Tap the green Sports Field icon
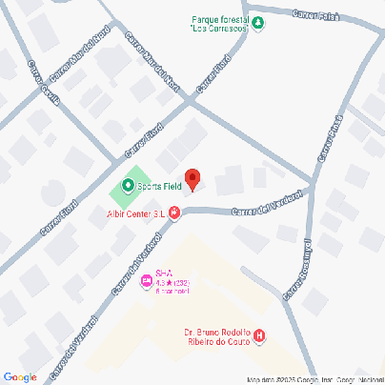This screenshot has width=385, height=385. tap(129, 186)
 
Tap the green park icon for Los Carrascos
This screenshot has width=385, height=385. tap(258, 23)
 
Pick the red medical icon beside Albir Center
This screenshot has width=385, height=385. tap(174, 215)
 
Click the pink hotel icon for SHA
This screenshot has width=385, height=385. tap(146, 280)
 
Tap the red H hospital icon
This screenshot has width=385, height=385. tap(259, 336)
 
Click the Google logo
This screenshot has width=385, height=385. tap(20, 376)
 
